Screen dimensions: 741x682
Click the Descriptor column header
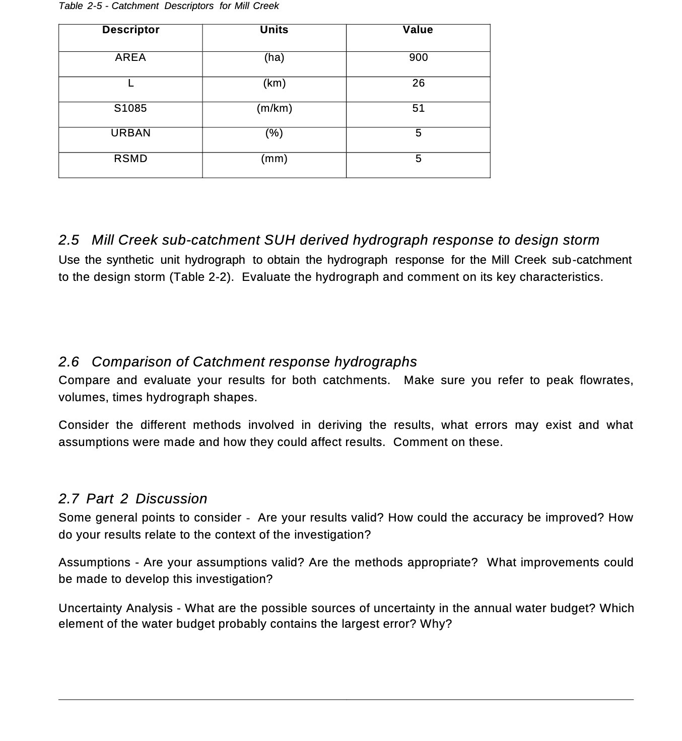coord(130,30)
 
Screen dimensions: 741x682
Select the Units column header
coord(274,30)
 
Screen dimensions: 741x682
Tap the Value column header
coord(418,30)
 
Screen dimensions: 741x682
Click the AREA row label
coord(130,57)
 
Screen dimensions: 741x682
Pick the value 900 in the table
coord(418,57)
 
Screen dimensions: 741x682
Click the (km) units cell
coord(274,83)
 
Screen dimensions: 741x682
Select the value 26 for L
coord(418,83)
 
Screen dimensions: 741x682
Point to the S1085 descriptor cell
coord(130,108)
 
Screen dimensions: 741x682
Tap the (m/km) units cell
coord(274,108)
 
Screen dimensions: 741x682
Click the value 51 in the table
coord(418,108)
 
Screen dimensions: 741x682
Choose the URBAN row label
coord(130,133)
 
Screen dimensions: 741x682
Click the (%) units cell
coord(274,133)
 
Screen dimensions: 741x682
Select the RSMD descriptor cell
coord(130,159)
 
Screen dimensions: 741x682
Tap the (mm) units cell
coord(274,159)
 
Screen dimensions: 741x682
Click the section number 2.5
coord(69,240)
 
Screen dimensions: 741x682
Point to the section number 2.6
coord(69,362)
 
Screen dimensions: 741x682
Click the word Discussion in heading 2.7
coord(171,499)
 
